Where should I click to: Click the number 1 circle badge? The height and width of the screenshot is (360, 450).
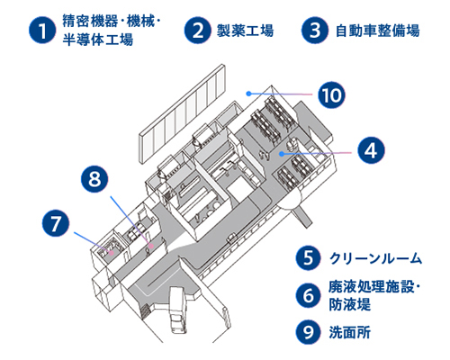39,31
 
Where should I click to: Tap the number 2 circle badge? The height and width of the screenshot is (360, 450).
198,30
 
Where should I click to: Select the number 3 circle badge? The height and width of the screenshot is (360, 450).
312,30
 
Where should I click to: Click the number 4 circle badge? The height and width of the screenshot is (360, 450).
370,149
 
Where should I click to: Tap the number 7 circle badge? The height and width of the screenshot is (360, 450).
56,220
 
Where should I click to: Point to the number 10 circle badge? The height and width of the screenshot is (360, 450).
332,94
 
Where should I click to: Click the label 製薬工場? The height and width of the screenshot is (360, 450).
245,31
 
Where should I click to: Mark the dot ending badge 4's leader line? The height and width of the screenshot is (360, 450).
282,154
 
